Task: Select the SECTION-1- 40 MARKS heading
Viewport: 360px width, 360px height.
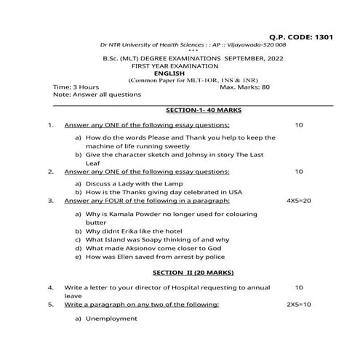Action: coord(204,110)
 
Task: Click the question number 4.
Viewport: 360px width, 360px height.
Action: coord(51,287)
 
